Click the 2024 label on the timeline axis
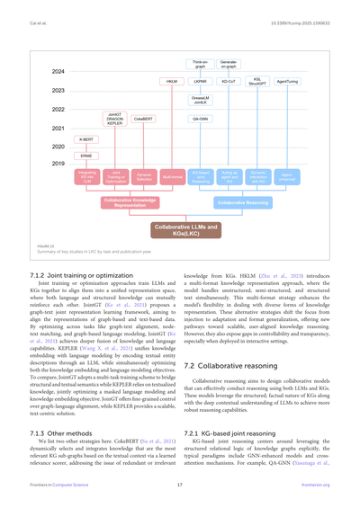[58, 72]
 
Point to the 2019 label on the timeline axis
[58, 165]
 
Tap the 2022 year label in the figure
[58, 109]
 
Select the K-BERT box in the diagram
[85, 140]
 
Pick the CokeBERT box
[143, 119]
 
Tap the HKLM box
[172, 82]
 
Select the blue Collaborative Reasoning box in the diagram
[243, 203]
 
